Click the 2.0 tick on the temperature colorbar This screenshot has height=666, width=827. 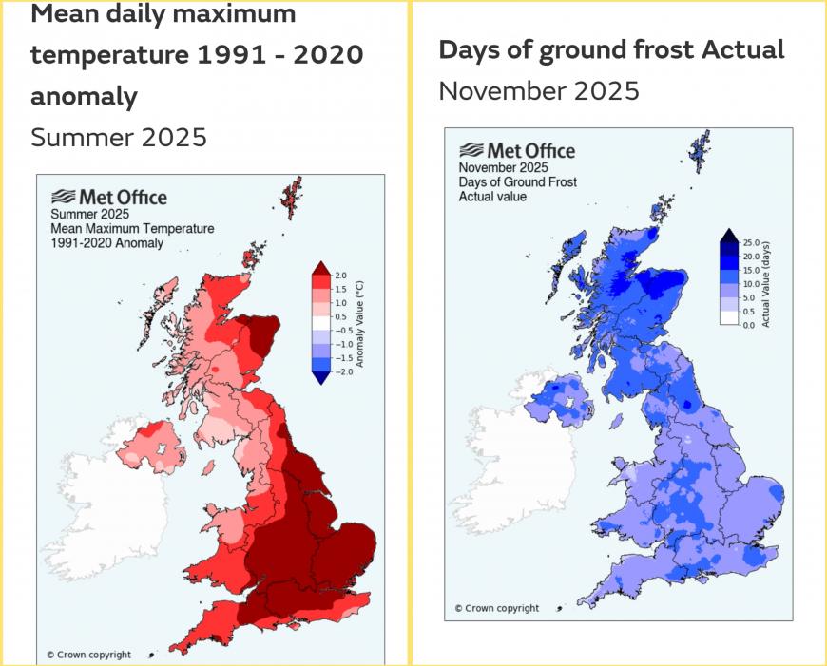click(x=339, y=276)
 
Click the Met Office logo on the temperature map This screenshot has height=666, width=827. click(x=108, y=198)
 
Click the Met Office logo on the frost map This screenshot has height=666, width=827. click(x=517, y=151)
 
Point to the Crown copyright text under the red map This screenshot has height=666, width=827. click(x=89, y=655)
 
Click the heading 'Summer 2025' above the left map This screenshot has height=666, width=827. click(x=119, y=137)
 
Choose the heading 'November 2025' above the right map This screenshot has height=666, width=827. click(x=539, y=91)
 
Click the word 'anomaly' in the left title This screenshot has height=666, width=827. click(x=85, y=96)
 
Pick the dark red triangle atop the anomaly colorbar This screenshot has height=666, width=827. click(x=320, y=268)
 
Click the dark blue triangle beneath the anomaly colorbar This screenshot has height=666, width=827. click(x=320, y=377)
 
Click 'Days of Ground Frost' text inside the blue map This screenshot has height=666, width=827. click(x=518, y=181)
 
